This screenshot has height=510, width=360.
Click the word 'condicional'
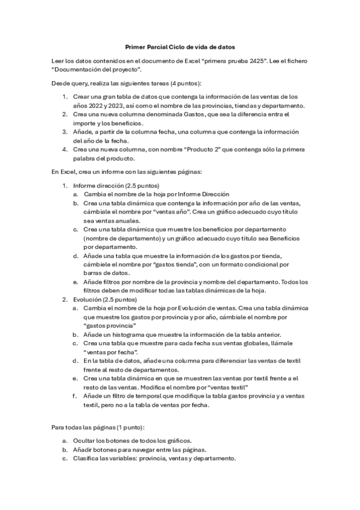click(x=258, y=264)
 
